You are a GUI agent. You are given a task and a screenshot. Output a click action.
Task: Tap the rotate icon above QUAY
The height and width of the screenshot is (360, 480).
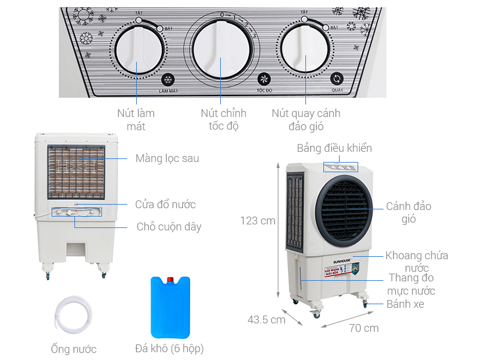(337, 80)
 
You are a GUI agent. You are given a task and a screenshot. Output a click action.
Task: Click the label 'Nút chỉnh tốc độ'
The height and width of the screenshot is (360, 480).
(224, 119)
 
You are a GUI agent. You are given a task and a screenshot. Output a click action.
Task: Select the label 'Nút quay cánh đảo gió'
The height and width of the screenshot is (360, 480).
(305, 119)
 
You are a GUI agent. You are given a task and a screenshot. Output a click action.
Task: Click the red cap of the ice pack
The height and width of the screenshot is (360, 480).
(171, 279)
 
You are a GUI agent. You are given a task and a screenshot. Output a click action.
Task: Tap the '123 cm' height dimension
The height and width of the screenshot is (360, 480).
(257, 221)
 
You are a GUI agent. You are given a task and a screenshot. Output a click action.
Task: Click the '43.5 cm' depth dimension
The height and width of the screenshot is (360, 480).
(266, 320)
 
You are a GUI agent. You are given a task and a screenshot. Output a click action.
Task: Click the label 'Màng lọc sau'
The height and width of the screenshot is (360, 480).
(167, 158)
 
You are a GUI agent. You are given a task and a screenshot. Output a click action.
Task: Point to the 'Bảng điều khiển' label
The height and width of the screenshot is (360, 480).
(334, 148)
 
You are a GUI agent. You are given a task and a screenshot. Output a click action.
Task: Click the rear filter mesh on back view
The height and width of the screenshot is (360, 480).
(76, 172)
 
